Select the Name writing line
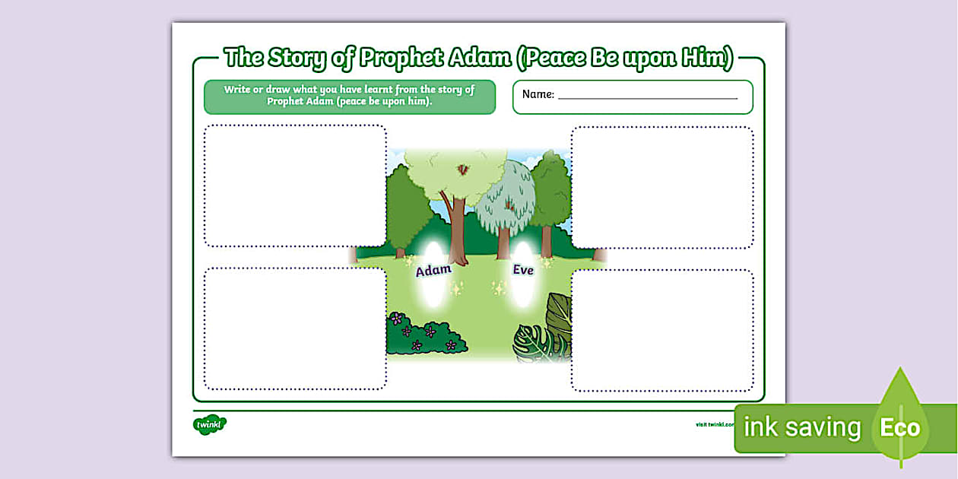pos(647,97)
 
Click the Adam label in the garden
pos(433,270)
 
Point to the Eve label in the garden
pos(523,270)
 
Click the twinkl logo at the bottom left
pos(210,424)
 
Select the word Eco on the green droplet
pos(899,428)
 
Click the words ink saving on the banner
pos(801,428)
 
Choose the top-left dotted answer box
pos(295,186)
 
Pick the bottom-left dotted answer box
pos(295,328)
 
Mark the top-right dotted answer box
pos(662,187)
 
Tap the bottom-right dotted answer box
pos(662,330)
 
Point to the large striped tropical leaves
pos(543,335)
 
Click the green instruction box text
pos(349,96)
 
